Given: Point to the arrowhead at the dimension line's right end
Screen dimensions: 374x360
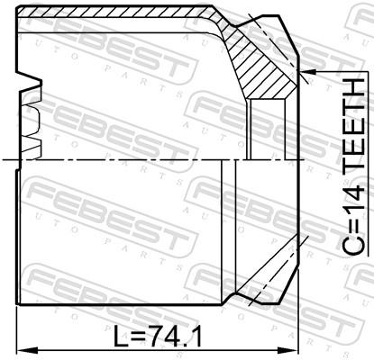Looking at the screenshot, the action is tap(288, 350).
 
